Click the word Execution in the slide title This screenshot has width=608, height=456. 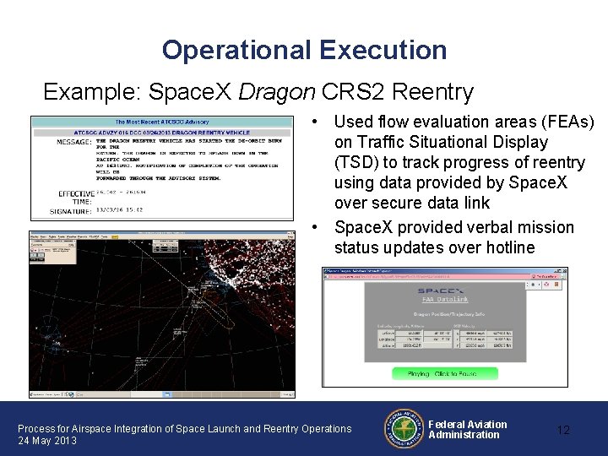(x=383, y=51)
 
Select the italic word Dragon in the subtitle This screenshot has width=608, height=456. (x=273, y=91)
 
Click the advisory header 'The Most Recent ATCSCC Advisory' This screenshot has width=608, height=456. (x=162, y=122)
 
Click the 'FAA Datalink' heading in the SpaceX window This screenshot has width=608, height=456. (x=442, y=298)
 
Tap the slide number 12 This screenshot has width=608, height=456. (x=563, y=430)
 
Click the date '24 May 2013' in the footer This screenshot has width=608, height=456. (x=47, y=441)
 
